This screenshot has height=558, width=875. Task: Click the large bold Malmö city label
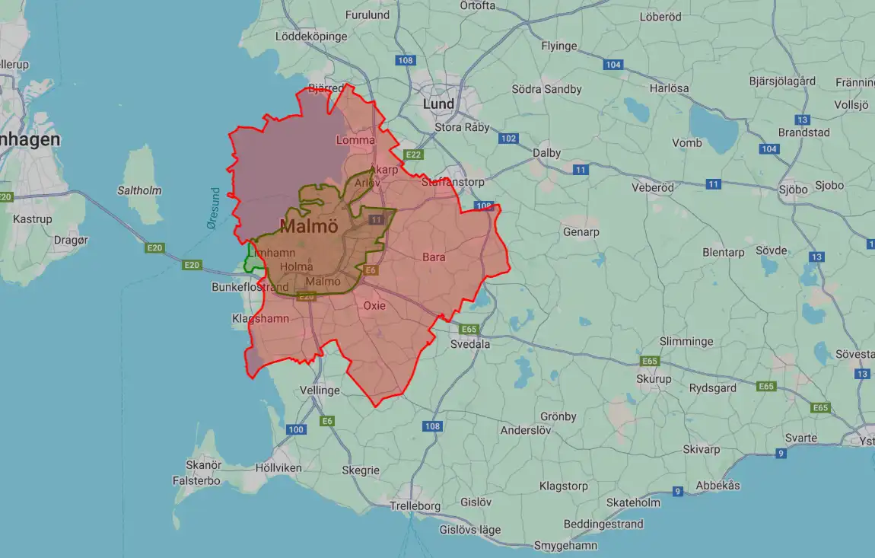pos(309,226)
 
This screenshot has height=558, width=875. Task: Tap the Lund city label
pos(438,104)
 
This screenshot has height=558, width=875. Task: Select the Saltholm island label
pos(139,190)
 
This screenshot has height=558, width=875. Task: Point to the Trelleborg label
pos(415,505)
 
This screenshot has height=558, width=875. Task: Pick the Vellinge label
pos(320,391)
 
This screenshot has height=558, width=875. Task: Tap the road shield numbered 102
pos(508,139)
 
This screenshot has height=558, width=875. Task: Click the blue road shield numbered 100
pos(296,429)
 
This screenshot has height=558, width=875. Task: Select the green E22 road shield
pos(413,155)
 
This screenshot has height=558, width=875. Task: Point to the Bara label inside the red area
pos(434,257)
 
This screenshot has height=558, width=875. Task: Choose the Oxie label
pos(374,306)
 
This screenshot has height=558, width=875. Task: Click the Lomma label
pos(355,141)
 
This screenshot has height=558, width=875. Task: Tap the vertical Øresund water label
pos(214,208)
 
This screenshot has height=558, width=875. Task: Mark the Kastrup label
pos(33,219)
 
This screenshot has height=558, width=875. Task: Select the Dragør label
pos(72,240)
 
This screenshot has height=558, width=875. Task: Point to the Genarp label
pos(581,232)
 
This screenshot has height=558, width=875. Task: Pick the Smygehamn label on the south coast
pos(565,545)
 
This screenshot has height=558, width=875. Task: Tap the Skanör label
pos(203,465)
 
